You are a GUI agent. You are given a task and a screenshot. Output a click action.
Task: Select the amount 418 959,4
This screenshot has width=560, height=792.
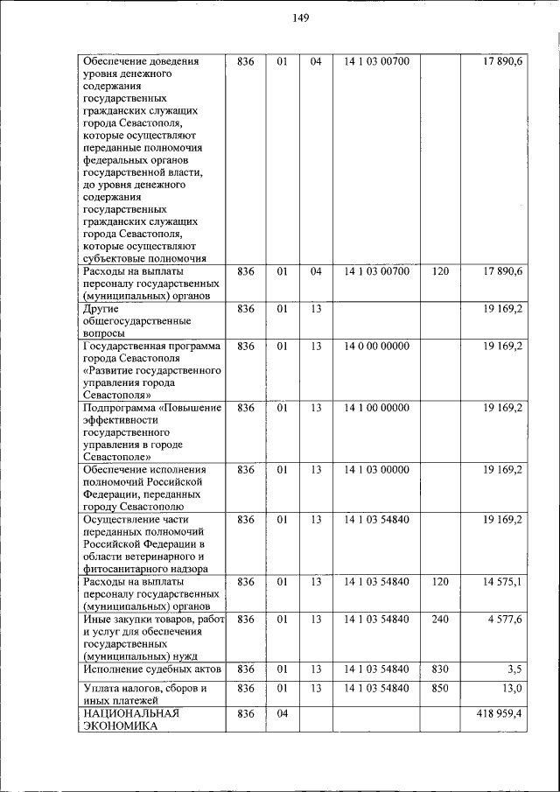point(493,714)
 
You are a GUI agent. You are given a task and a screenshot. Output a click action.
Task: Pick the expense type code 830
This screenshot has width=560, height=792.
point(440,669)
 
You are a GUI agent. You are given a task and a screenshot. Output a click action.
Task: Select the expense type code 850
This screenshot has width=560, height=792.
point(440,689)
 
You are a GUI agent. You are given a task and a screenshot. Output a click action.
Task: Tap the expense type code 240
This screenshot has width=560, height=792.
point(440,620)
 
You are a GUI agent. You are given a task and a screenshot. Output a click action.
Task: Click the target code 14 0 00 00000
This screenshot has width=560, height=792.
point(376,346)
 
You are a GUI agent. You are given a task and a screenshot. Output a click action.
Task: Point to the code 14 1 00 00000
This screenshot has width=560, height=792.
point(376,408)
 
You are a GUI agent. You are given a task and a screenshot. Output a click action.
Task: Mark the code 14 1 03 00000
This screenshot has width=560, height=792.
point(376,470)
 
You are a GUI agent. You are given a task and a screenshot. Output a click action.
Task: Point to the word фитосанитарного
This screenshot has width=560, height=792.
point(125,568)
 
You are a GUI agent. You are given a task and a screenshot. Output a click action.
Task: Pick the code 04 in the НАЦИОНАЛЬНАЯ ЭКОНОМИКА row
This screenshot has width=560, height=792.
point(282,714)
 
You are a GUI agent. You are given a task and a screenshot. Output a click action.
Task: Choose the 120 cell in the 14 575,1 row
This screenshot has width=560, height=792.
point(440,581)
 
